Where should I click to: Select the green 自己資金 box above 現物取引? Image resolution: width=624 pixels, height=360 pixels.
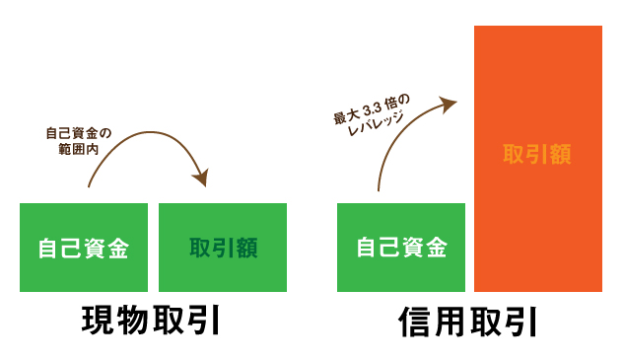84,248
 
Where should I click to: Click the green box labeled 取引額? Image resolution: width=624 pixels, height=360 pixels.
223,248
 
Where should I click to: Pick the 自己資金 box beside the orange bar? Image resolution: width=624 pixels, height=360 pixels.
401,248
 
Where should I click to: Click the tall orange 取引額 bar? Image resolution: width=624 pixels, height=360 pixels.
537,158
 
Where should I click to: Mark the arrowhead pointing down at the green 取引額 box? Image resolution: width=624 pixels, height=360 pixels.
201,178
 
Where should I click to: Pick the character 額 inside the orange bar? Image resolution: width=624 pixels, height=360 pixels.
560,154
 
